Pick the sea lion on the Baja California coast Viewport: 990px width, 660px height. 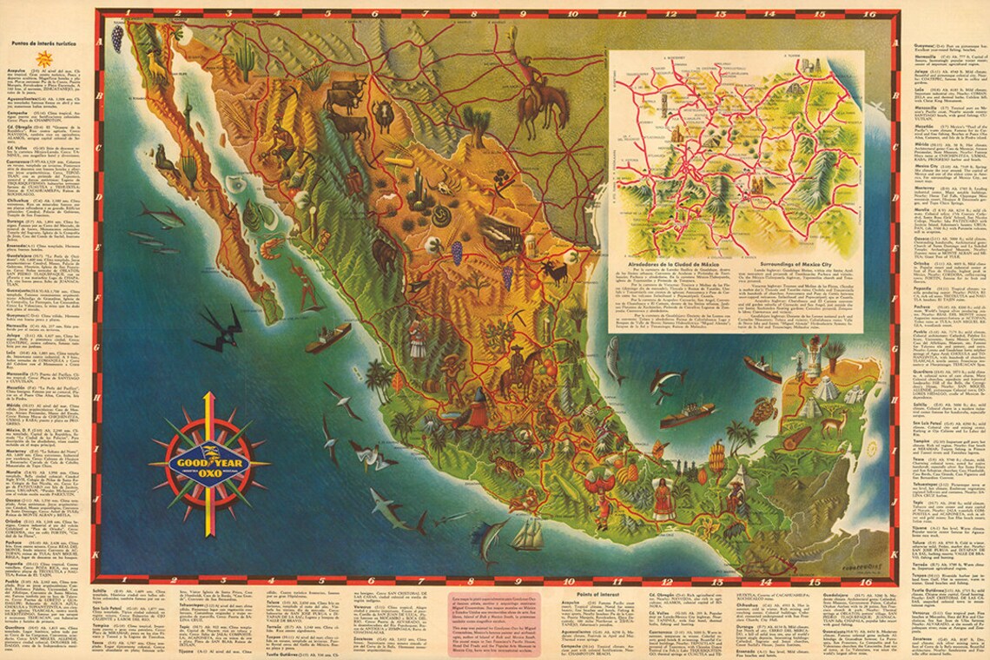pyautogui.click(x=165, y=158)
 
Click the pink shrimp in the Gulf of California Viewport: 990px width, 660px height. pyautogui.click(x=272, y=249)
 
